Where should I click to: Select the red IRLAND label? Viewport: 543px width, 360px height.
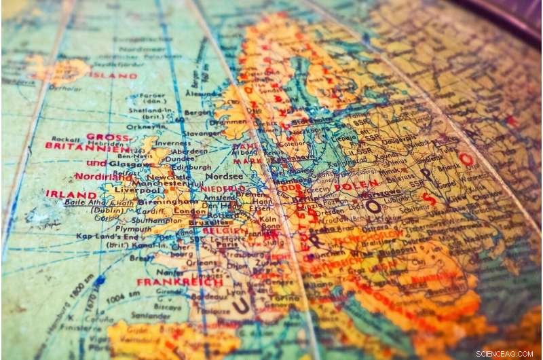[x=71, y=194]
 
